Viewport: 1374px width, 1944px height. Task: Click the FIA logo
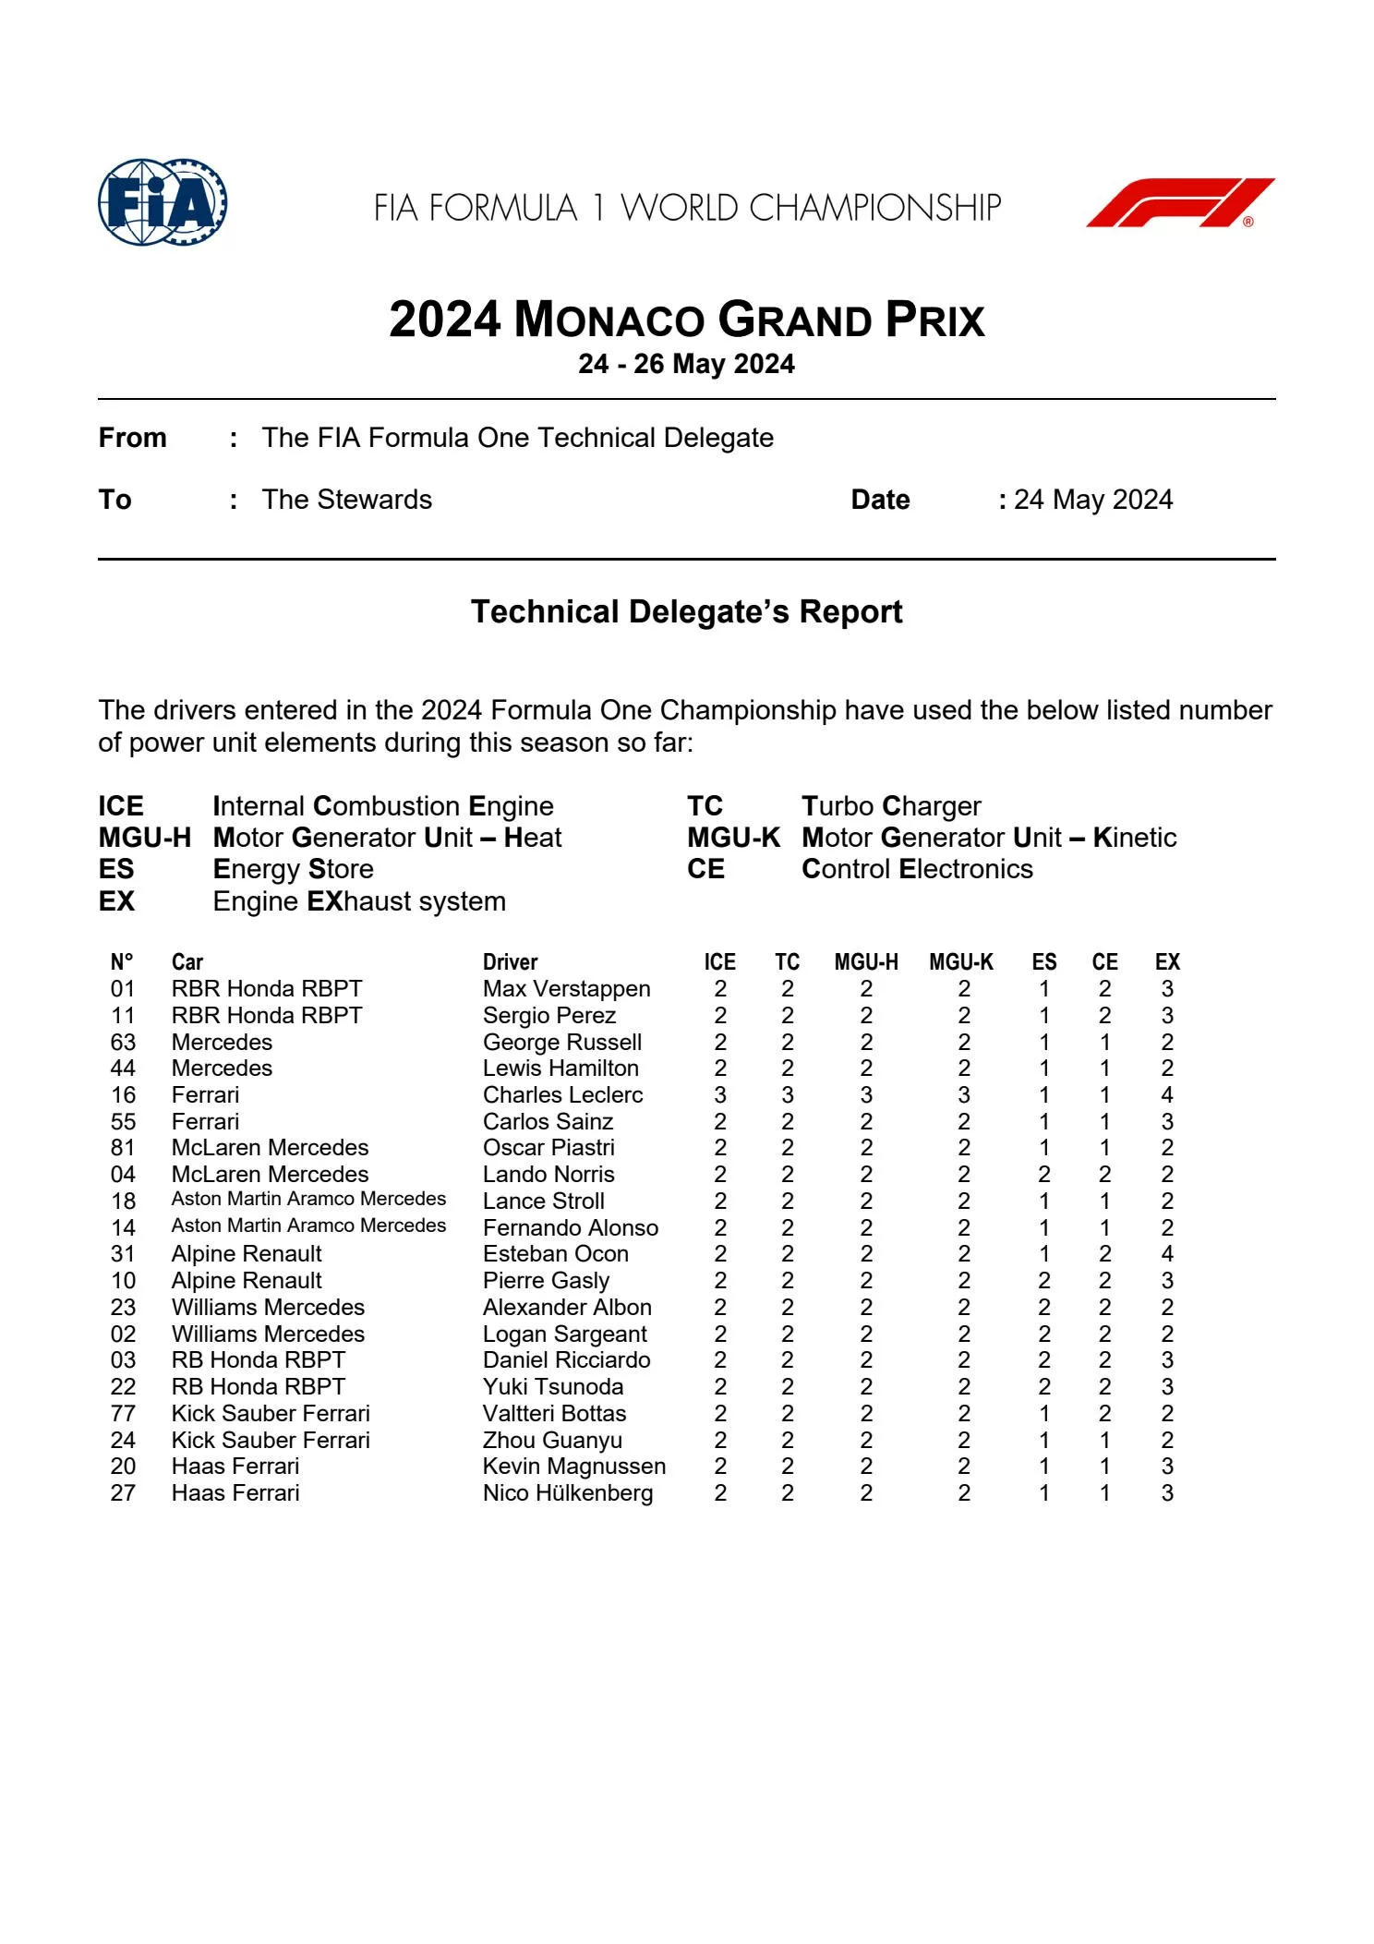pyautogui.click(x=163, y=202)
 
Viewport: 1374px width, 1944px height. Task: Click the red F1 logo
pyautogui.click(x=1179, y=202)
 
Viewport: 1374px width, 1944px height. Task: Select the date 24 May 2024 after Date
pyautogui.click(x=1092, y=500)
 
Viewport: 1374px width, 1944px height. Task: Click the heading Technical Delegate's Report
pyautogui.click(x=686, y=611)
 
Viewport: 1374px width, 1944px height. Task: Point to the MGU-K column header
pyautogui.click(x=961, y=962)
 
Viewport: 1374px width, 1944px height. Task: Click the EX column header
pyautogui.click(x=1167, y=962)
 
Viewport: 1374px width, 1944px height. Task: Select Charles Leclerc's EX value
pyautogui.click(x=1167, y=1095)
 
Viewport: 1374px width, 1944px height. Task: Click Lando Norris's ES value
pyautogui.click(x=1043, y=1175)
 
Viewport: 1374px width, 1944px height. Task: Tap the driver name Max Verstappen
pyautogui.click(x=566, y=989)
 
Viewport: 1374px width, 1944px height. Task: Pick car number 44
pyautogui.click(x=123, y=1069)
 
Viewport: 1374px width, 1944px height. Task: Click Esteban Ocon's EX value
pyautogui.click(x=1167, y=1254)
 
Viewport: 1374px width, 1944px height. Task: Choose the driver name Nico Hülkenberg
pyautogui.click(x=567, y=1493)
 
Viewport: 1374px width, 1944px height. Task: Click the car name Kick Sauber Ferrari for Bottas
pyautogui.click(x=271, y=1414)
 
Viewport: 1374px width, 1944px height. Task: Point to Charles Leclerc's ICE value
pyautogui.click(x=720, y=1095)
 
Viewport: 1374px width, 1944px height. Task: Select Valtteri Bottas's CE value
pyautogui.click(x=1104, y=1414)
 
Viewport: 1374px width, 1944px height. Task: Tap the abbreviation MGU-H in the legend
pyautogui.click(x=145, y=838)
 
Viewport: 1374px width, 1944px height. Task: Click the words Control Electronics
pyautogui.click(x=917, y=869)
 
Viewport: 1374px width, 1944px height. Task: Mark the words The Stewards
pyautogui.click(x=346, y=500)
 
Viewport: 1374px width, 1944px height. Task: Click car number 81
pyautogui.click(x=123, y=1148)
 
